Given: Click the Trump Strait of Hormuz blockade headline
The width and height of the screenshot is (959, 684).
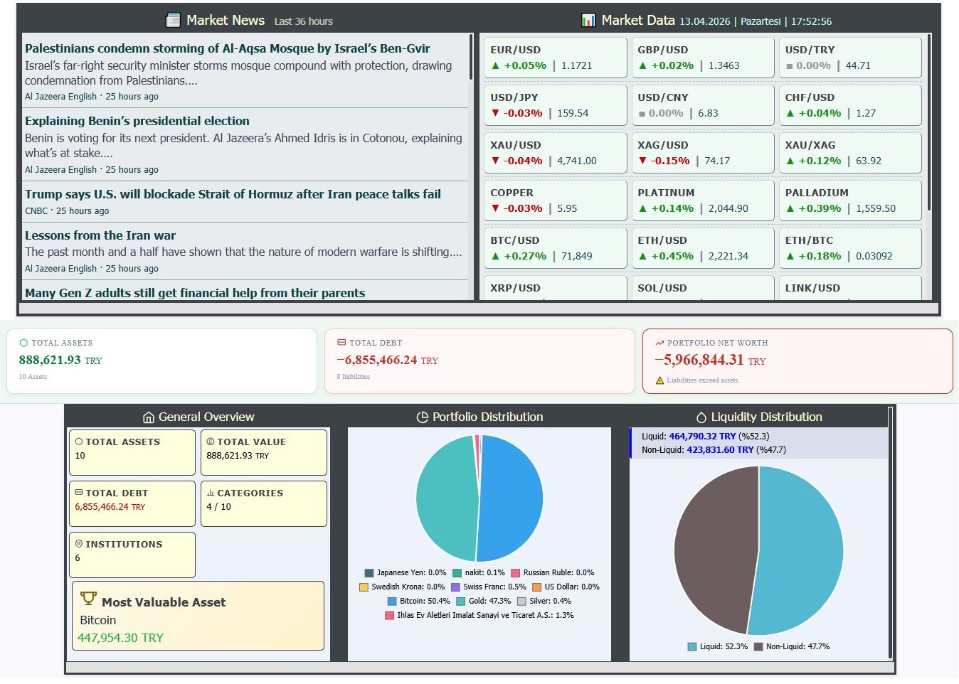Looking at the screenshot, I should click(233, 194).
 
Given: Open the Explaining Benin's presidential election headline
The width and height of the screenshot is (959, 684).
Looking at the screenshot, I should click(137, 121).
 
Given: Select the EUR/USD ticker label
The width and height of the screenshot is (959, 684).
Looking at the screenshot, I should click(515, 50).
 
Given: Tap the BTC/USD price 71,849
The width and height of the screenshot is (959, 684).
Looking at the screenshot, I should click(576, 256).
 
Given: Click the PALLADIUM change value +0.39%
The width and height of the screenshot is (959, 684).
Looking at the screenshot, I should click(820, 208).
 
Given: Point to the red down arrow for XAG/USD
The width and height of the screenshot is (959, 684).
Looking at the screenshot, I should click(642, 161).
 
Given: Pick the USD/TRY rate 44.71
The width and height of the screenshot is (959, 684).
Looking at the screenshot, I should click(858, 65).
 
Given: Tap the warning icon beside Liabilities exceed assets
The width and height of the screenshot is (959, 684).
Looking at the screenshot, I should click(659, 380).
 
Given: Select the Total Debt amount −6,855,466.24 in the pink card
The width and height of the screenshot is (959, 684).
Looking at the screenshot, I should click(381, 360).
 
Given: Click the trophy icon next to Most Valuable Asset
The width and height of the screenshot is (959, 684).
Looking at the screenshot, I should click(88, 599).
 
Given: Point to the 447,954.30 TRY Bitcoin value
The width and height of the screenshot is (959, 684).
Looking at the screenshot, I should click(120, 638).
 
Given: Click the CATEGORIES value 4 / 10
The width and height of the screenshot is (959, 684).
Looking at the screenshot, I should click(218, 507).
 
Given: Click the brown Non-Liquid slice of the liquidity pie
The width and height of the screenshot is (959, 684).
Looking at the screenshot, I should click(715, 547).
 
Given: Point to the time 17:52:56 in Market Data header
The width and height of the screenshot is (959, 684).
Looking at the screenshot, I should click(811, 21).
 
